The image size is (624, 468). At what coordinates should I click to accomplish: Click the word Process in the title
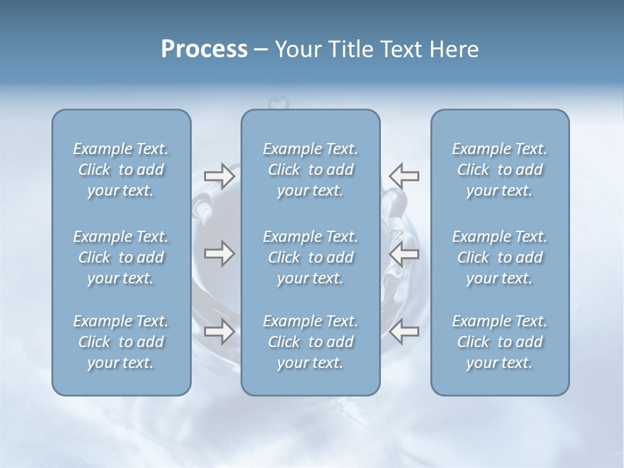coord(204,49)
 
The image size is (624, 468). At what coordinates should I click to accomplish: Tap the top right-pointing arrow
coord(219,176)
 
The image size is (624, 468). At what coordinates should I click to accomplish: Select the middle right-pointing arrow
coord(219,253)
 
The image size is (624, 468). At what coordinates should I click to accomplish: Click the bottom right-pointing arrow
coord(219,331)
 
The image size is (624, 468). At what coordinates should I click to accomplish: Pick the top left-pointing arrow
coord(404,176)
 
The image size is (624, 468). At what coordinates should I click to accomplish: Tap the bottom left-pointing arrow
coord(404,331)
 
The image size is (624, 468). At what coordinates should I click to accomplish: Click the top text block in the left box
coord(121,170)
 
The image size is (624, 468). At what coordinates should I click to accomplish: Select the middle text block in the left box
coord(121,257)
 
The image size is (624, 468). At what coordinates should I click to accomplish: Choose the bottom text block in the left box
coord(121,342)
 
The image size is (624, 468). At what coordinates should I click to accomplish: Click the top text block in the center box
coord(311,170)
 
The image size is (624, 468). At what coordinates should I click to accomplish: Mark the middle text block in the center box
coord(311,257)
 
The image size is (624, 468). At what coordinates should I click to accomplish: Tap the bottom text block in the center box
coord(311,342)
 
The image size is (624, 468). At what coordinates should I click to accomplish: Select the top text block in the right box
coord(500,170)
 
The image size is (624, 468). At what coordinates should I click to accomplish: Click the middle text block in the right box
coord(500,257)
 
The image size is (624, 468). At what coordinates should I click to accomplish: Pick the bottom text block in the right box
coord(500,342)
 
